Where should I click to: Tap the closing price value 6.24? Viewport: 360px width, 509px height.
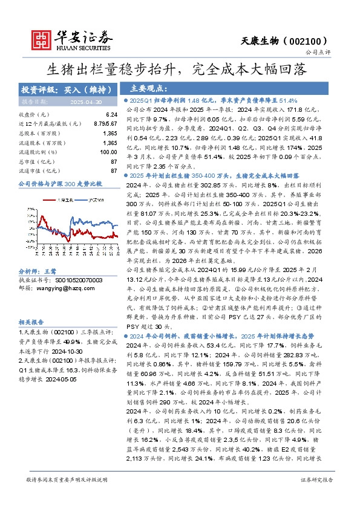(111, 114)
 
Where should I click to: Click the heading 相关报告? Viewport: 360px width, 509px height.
(30, 323)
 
